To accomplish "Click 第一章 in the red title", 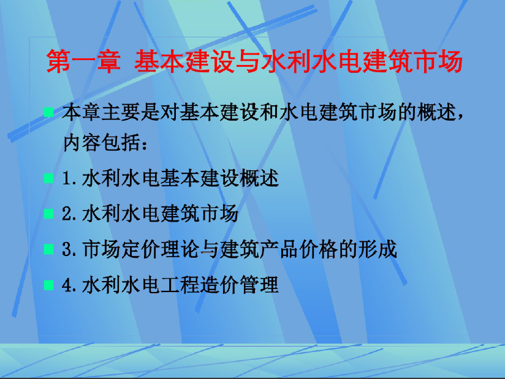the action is (x=83, y=61).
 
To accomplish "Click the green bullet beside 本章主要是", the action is (x=48, y=112).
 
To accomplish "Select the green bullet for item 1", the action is (x=48, y=178).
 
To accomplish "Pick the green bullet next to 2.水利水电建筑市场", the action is (x=48, y=214).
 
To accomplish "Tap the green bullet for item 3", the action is (x=48, y=249).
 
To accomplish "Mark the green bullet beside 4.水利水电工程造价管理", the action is (x=48, y=285).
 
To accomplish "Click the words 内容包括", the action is (x=102, y=143).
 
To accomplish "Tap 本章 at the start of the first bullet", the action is (x=82, y=112).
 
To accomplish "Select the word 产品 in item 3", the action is (x=279, y=250).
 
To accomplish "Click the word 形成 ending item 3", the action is (x=378, y=250).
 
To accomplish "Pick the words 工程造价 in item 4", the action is (x=200, y=285).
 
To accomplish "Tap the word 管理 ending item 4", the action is (x=260, y=285).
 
